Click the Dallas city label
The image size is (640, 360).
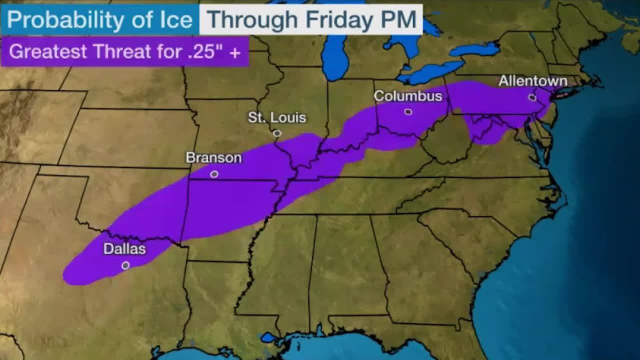[124, 248]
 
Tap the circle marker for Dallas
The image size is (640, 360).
[125, 265]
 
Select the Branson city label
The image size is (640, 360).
[213, 157]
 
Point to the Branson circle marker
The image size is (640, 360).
[214, 174]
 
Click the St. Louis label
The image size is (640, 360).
[277, 117]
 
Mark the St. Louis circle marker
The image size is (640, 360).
[277, 133]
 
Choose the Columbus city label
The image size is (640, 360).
[408, 95]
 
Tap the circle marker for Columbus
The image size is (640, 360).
[408, 111]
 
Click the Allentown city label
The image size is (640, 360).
[533, 81]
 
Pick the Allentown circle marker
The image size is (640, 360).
[532, 97]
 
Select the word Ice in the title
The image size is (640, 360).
[177, 20]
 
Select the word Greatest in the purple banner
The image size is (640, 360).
[48, 51]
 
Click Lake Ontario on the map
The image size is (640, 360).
[475, 49]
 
